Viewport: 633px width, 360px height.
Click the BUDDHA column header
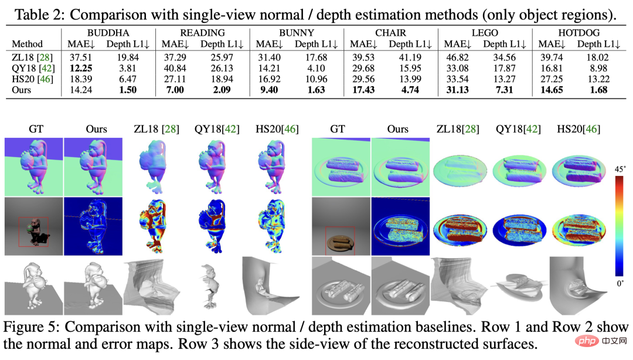click(x=108, y=32)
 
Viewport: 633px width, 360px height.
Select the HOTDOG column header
click(x=577, y=32)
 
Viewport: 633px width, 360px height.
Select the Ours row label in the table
click(x=22, y=90)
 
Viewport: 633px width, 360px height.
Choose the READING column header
click(x=202, y=32)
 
